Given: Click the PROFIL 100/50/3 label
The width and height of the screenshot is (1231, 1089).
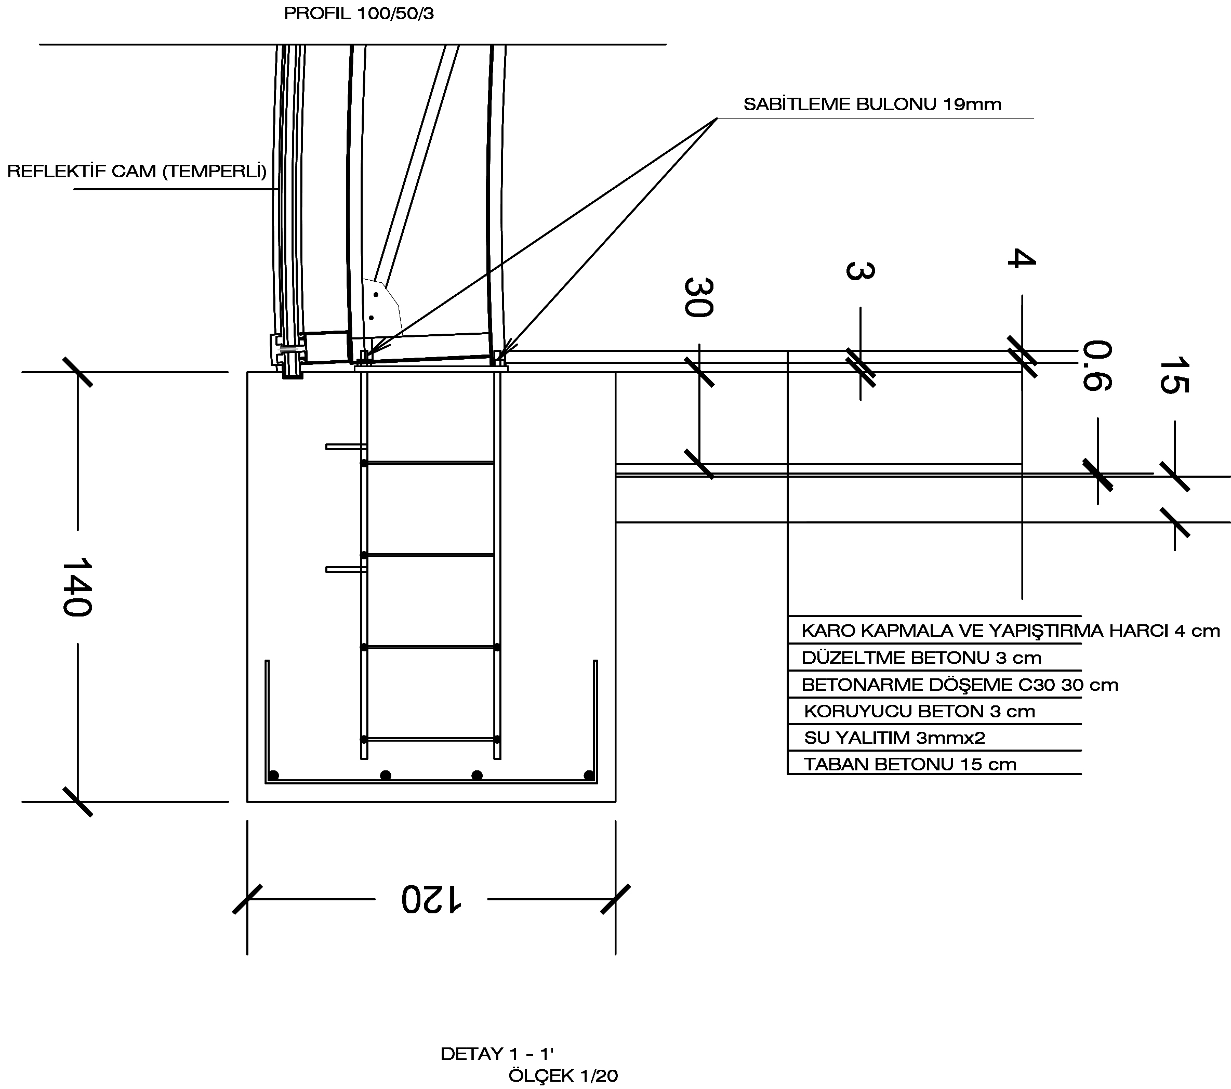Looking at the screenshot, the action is coord(359,13).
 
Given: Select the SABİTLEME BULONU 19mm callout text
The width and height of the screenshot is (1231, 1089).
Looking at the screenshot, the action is coord(872,104).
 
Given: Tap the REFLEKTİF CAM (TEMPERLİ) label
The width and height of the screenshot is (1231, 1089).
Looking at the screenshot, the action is coord(137,172).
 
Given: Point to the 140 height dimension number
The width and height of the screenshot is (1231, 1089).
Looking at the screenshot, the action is coord(76,587).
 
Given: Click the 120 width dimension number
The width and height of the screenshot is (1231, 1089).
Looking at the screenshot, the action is coord(431,899).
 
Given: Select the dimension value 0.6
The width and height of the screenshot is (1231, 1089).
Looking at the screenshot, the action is coord(1097,365).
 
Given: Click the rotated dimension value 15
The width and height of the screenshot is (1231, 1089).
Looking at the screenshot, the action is coord(1174,375).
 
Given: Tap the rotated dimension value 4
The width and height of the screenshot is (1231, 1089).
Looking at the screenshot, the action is coord(1022,258).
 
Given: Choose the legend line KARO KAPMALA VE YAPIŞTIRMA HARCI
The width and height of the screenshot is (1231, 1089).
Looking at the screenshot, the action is coord(1011,631).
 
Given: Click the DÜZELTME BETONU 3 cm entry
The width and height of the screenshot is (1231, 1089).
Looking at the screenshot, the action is coord(921,657).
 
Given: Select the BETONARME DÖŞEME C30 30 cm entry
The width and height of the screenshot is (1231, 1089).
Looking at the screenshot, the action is coord(959,684).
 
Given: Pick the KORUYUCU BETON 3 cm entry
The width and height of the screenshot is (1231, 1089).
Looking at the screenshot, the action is coord(919,711).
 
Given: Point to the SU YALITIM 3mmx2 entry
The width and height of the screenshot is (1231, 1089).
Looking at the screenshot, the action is coord(894,737).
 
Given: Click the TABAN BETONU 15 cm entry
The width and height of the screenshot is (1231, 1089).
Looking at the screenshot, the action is coord(910,764).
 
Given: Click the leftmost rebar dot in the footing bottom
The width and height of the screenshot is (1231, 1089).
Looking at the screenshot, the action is coord(273,775).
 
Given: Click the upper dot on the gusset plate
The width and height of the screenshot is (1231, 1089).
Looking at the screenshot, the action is coord(376,295).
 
